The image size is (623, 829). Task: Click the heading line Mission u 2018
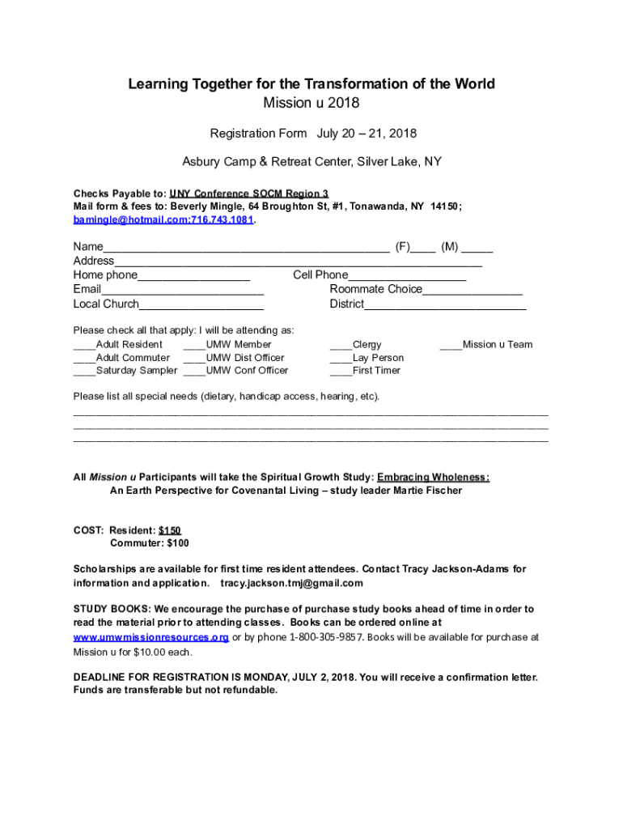(x=311, y=103)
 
